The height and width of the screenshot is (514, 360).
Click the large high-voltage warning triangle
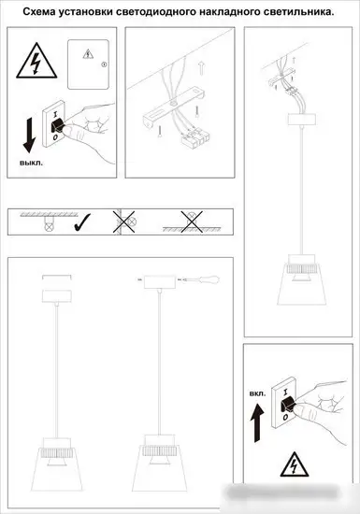36,62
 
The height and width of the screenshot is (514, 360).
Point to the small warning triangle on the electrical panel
88,54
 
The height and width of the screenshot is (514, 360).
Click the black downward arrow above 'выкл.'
30,136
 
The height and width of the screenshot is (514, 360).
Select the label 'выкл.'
31,163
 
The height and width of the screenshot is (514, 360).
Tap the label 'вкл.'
258,393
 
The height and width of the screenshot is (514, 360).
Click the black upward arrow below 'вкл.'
257,422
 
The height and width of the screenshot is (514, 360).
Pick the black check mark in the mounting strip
82,221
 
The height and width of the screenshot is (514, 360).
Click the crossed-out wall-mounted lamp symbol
124,221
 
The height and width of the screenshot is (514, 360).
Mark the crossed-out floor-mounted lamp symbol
192,221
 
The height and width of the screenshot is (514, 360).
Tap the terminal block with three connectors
194,138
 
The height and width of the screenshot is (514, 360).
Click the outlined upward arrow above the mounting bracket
201,68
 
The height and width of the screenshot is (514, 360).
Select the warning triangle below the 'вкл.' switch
295,464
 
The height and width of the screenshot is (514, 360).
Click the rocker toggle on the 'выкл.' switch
57,126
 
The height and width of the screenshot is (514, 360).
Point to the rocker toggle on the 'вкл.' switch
287,405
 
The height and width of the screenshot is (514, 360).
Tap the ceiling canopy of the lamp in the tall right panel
301,120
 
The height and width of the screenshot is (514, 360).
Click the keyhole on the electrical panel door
105,64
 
